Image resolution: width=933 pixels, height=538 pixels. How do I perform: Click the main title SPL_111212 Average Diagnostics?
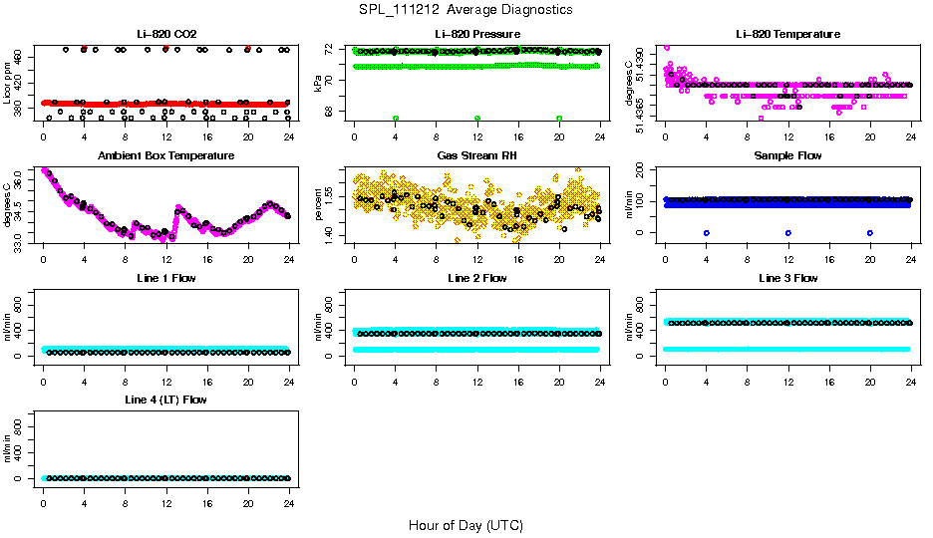pyautogui.click(x=466, y=10)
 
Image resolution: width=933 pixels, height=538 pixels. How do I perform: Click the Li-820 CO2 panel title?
pyautogui.click(x=165, y=35)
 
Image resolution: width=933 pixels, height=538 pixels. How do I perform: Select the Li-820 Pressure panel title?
pyautogui.click(x=476, y=35)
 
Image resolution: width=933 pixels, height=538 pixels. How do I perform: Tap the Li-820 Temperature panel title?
pyautogui.click(x=787, y=35)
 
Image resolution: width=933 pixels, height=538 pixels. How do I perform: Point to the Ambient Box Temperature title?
pyautogui.click(x=165, y=156)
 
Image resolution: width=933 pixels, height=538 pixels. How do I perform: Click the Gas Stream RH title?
pyautogui.click(x=476, y=156)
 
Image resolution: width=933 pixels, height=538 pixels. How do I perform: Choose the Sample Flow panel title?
pyautogui.click(x=787, y=156)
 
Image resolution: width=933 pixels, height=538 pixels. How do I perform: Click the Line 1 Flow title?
pyautogui.click(x=165, y=278)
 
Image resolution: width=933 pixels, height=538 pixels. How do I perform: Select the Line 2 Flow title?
pyautogui.click(x=476, y=278)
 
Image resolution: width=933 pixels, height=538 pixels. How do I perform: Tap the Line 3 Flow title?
pyautogui.click(x=787, y=278)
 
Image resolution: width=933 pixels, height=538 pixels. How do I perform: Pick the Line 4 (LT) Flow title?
pyautogui.click(x=165, y=400)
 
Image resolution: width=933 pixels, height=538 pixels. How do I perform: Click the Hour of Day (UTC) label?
pyautogui.click(x=466, y=525)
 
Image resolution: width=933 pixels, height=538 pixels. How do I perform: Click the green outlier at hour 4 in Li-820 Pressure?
pyautogui.click(x=396, y=119)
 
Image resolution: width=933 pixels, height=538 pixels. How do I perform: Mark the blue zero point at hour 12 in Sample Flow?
pyautogui.click(x=788, y=232)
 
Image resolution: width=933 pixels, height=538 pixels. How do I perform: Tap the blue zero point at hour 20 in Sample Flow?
pyautogui.click(x=870, y=232)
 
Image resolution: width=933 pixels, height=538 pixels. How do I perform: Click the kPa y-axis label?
pyautogui.click(x=318, y=85)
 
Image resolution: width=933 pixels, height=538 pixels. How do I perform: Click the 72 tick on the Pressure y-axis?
pyautogui.click(x=332, y=48)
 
